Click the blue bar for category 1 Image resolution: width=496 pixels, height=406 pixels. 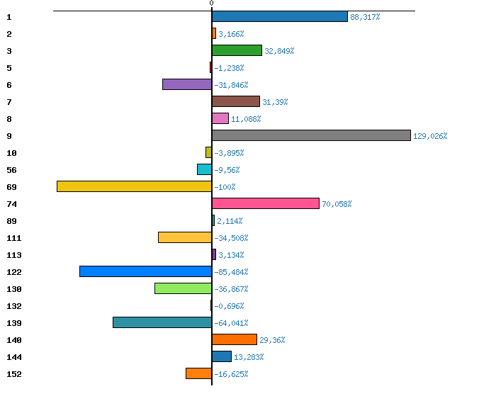pyautogui.click(x=279, y=16)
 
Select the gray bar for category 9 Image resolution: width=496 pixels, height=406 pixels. pyautogui.click(x=311, y=135)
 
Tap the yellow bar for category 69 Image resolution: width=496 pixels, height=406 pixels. pyautogui.click(x=134, y=186)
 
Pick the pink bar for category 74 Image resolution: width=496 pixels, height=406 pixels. pyautogui.click(x=265, y=203)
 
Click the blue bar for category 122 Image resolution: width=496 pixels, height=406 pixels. pyautogui.click(x=145, y=271)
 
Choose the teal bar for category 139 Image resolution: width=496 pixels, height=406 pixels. pyautogui.click(x=162, y=322)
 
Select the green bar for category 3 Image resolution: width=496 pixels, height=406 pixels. pyautogui.click(x=237, y=50)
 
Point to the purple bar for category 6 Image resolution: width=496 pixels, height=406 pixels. pyautogui.click(x=186, y=84)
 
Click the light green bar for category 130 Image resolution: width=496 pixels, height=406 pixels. pyautogui.click(x=183, y=288)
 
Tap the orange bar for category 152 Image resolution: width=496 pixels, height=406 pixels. pyautogui.click(x=198, y=373)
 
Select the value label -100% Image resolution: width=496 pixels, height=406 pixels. pyautogui.click(x=225, y=187)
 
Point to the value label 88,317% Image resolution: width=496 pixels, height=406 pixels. pyautogui.click(x=365, y=17)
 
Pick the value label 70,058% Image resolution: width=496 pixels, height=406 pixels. pyautogui.click(x=337, y=204)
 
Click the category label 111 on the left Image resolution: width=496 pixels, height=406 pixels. pyautogui.click(x=13, y=238)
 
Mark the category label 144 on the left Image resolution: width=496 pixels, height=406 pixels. pyautogui.click(x=13, y=357)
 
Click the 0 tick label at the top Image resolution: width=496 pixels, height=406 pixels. pyautogui.click(x=211, y=4)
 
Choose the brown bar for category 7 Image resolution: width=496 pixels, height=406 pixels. pyautogui.click(x=235, y=101)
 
